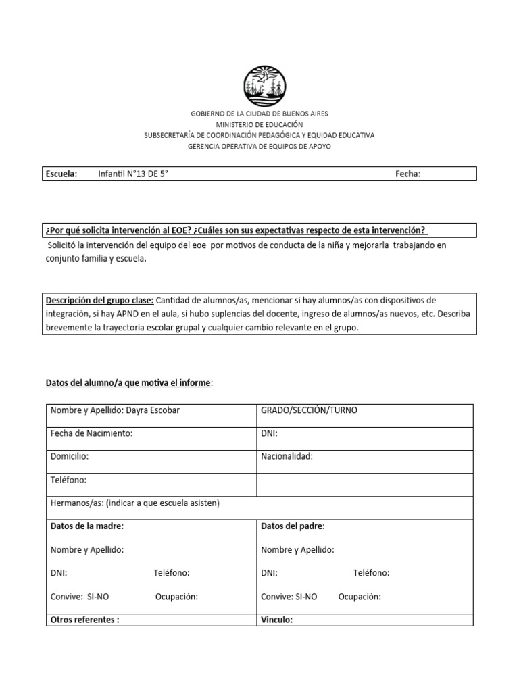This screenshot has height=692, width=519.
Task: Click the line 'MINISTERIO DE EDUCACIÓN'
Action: coord(259,125)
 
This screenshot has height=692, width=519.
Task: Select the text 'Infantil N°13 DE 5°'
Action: coord(132,174)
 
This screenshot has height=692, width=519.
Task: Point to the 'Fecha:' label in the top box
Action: coord(407,174)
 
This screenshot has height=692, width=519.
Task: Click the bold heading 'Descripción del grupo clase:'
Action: coord(99,300)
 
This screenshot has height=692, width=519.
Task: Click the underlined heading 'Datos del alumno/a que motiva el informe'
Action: coord(128,384)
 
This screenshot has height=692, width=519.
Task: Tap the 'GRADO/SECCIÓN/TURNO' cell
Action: coord(309,411)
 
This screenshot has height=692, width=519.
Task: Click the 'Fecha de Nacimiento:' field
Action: coord(91,433)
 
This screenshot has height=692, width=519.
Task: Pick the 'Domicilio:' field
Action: coord(70,456)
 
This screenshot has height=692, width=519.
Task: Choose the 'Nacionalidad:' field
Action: coord(287,456)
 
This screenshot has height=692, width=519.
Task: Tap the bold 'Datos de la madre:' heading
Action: coord(87,526)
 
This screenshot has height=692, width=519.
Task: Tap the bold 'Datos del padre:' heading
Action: coord(293,526)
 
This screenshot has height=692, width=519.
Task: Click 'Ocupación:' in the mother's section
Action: coord(176,597)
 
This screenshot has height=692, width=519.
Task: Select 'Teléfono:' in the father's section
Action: coord(371,573)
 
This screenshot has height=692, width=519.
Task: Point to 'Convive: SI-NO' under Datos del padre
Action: coord(289,597)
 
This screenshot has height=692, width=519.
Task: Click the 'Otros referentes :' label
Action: coord(84,618)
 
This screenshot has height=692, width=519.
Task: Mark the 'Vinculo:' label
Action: coord(276,618)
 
